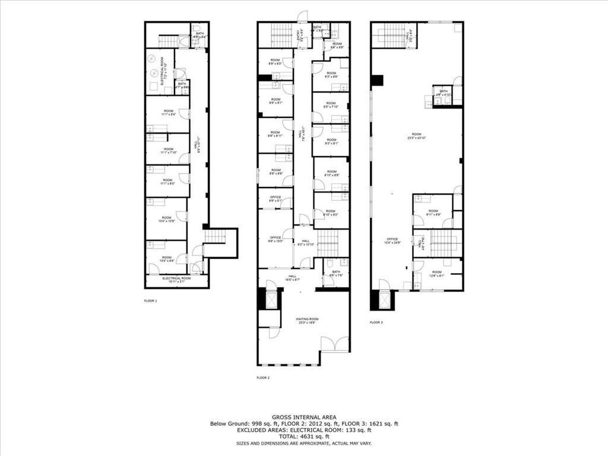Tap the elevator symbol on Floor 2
tap(271, 300)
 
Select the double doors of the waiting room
tap(335, 344)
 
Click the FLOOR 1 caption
tap(151, 301)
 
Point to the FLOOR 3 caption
tap(376, 322)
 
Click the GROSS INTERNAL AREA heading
tap(303, 417)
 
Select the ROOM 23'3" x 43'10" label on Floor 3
tap(417, 136)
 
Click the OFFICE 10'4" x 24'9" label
tap(392, 240)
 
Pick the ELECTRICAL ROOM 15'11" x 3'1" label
tap(176, 280)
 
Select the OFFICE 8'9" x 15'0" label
tap(275, 239)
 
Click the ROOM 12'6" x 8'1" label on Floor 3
tap(437, 273)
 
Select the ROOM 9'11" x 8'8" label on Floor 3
tap(433, 213)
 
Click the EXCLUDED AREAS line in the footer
tap(303, 429)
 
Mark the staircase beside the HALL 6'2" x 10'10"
tap(327, 243)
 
